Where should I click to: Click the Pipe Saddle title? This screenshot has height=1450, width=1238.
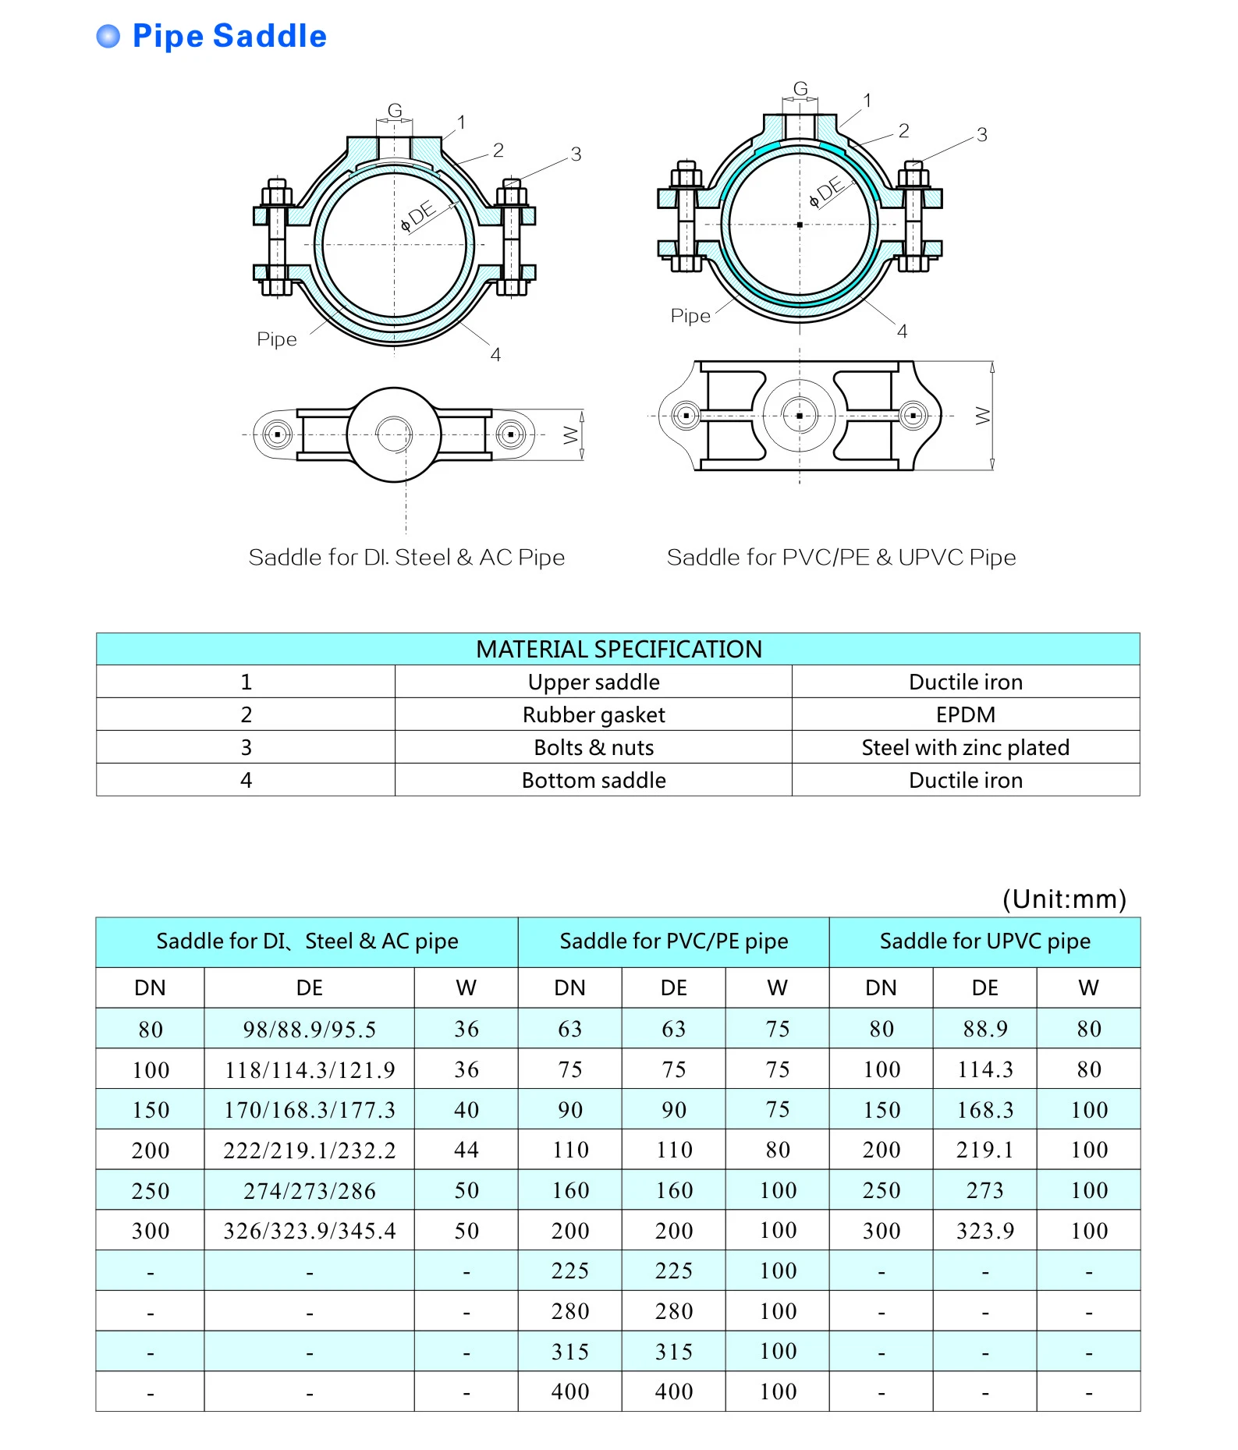229,37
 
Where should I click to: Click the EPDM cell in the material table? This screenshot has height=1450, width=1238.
965,714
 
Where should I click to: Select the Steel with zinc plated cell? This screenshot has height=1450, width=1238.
965,747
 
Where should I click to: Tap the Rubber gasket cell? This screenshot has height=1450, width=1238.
593,714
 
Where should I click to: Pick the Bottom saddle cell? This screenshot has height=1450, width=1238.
593,780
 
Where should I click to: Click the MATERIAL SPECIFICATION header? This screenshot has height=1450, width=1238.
618,649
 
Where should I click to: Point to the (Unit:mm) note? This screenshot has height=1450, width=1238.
1064,899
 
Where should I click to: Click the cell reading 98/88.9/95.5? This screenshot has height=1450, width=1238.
309,1030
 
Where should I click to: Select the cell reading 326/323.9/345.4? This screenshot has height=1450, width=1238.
309,1231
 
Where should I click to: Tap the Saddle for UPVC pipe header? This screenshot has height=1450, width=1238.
984,941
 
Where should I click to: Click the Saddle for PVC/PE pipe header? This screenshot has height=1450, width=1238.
673,941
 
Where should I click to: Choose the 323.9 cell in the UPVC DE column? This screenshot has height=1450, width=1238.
984,1231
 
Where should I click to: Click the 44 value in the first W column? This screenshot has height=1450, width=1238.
466,1150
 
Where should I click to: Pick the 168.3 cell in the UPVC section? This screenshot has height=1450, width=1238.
984,1110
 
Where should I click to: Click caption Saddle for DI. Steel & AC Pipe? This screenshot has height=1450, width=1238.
406,557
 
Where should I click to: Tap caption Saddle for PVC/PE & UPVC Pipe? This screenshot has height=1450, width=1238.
841,557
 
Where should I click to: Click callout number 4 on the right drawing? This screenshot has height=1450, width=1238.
902,331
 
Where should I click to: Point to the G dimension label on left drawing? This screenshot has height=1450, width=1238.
395,111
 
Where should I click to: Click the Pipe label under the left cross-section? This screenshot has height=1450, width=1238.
277,339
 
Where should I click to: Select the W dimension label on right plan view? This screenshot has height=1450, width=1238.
982,416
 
